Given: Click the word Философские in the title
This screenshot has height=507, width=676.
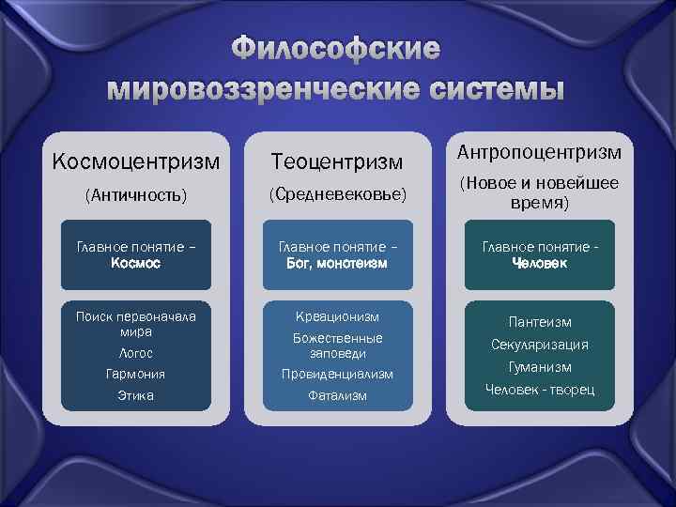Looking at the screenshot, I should pos(336,49).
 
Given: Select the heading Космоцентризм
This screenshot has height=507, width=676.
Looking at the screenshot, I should pos(136,161).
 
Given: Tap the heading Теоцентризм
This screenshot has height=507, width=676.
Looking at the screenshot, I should pos(337,163).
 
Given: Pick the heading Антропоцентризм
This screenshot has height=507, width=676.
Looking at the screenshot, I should pos(539,151).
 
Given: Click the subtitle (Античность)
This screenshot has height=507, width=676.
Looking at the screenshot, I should pos(136,196).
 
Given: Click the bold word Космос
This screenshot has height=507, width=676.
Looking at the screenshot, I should pos(136,264).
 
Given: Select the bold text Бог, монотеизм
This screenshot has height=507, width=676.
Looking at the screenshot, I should pos(337,264).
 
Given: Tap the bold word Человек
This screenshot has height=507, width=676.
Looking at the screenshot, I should pos(539,264).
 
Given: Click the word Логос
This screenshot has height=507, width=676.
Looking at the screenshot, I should pos(136,353).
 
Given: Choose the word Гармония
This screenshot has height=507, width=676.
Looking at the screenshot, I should pos(136,374).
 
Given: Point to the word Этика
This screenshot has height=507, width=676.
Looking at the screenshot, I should pos(136,395).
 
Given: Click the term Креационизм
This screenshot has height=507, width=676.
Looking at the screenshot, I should pos(337,316).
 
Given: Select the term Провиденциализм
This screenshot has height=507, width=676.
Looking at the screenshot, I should pos(337,374).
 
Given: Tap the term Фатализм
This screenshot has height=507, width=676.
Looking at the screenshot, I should pos(337,396).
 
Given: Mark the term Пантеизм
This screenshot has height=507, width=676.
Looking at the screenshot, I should pos(539,322).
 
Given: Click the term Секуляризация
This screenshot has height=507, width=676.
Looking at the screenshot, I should pos(539,345).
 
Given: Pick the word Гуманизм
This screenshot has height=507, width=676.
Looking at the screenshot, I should pos(539,367).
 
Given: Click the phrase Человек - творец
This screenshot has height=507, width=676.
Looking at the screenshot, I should pos(539,390).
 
